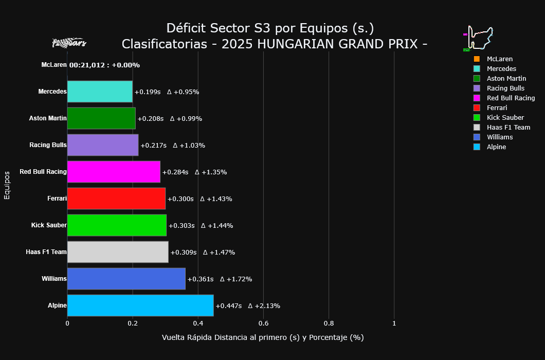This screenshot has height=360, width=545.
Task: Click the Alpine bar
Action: [140, 305]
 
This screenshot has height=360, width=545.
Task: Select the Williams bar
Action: [126, 279]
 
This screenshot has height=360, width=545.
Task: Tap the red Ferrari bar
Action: [116, 199]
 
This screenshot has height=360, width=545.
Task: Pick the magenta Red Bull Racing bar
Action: [114, 172]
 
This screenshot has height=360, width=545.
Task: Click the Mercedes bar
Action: [100, 92]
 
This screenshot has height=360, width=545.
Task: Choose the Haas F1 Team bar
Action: [118, 252]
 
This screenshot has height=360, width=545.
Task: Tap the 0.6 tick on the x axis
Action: [263, 323]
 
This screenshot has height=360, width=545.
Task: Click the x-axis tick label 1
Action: [394, 323]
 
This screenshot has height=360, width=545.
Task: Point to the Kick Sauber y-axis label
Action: [49, 225]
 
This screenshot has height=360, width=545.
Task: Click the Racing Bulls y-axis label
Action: [48, 145]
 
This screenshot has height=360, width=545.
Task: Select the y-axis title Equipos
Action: [7, 185]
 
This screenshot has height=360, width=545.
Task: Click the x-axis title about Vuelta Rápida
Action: [263, 338]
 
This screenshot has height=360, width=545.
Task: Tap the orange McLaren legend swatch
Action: [477, 59]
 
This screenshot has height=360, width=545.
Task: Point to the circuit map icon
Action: [479, 38]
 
